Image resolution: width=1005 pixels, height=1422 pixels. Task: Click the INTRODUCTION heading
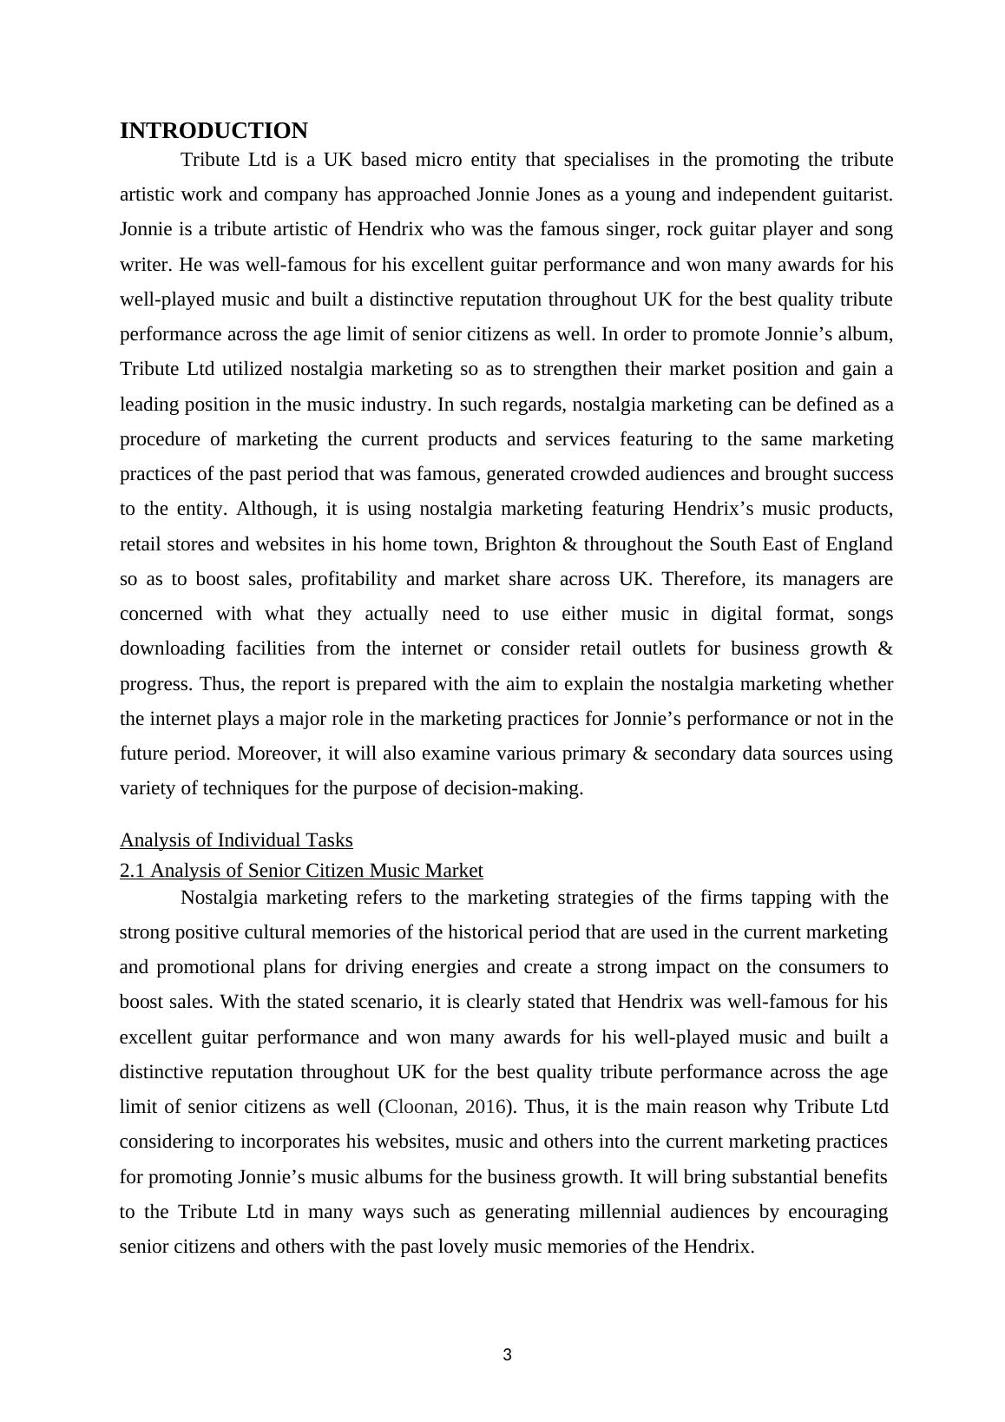click(213, 131)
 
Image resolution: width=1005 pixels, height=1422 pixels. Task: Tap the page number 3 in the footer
click(508, 1355)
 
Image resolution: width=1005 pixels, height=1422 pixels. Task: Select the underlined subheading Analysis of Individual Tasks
click(236, 840)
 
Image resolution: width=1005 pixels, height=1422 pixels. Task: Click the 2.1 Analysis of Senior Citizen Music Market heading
click(301, 871)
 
